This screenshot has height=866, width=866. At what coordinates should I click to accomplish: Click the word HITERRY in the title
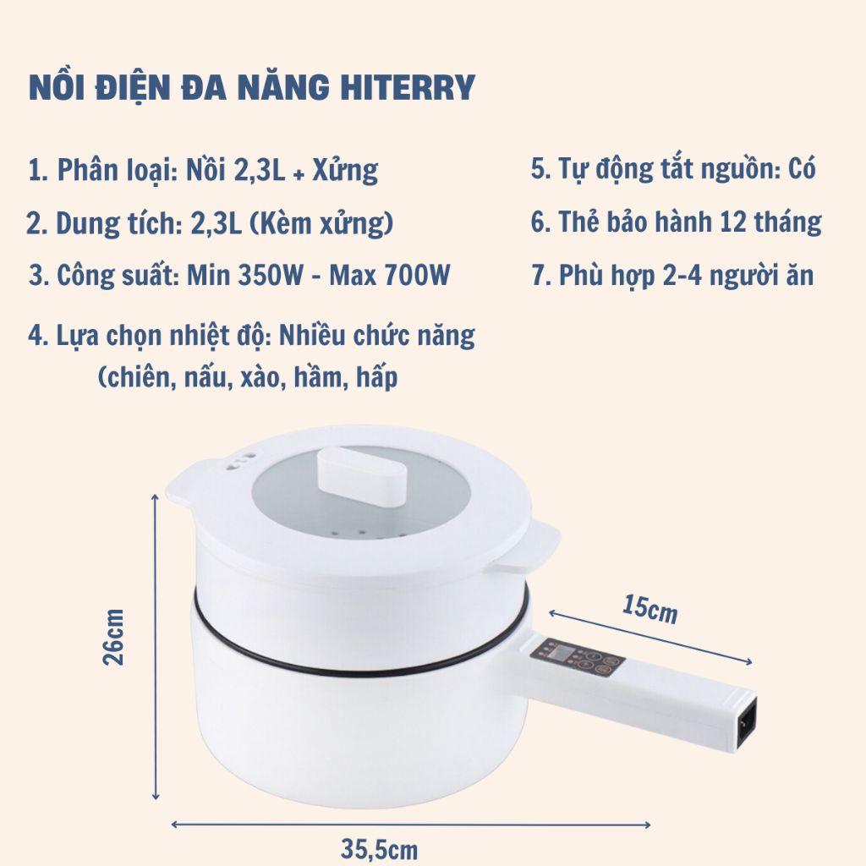tap(407, 87)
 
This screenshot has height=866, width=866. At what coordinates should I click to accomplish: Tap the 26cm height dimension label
tap(113, 638)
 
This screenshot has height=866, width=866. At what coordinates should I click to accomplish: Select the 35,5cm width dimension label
tap(379, 849)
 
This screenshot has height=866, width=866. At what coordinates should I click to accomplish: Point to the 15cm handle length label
tap(649, 609)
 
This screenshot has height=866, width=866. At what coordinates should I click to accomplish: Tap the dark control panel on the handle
tap(577, 658)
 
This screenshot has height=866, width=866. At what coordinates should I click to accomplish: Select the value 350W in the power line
tap(271, 275)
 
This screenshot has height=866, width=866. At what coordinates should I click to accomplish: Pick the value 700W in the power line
tap(417, 275)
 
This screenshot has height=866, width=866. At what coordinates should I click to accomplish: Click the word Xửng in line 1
tap(345, 170)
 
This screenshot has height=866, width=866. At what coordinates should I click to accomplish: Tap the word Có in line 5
tap(802, 168)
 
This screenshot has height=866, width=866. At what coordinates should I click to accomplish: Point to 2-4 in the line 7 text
tap(682, 275)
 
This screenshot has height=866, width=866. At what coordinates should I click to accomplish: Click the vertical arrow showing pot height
tap(156, 647)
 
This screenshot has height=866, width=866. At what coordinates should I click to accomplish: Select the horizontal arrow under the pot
tap(411, 825)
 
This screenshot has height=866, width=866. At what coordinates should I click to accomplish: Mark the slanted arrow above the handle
tap(650, 638)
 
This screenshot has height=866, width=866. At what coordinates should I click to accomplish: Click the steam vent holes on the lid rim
tap(241, 463)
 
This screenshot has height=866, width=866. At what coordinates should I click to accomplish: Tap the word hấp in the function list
tap(376, 378)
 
